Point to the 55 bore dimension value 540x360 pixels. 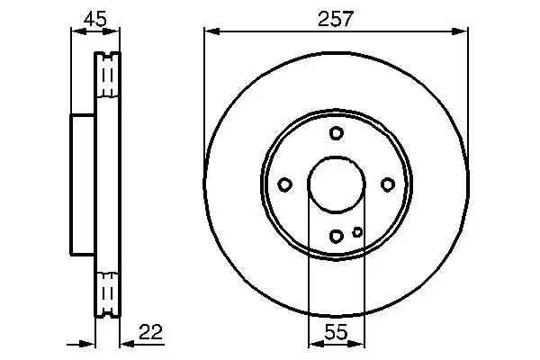[337, 332]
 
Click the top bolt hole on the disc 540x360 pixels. [337, 133]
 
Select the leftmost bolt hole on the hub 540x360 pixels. [284, 184]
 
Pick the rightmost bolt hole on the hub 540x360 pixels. [388, 184]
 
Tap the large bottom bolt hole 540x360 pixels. [337, 236]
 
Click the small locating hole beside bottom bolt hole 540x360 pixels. [357, 231]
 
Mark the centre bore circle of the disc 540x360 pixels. [337, 184]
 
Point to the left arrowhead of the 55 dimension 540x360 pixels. [314, 343]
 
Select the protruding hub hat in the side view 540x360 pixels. [83, 184]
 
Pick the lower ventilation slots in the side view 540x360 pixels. [107, 292]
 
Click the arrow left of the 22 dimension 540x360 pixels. [88, 343]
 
